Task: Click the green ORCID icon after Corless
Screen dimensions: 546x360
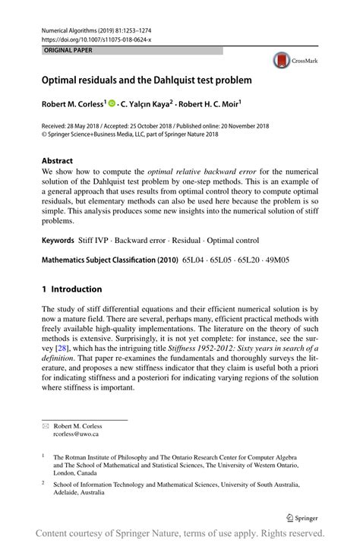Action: click(x=112, y=103)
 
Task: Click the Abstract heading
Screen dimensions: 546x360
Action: click(x=57, y=160)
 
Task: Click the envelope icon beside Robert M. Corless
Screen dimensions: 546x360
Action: click(x=45, y=426)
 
